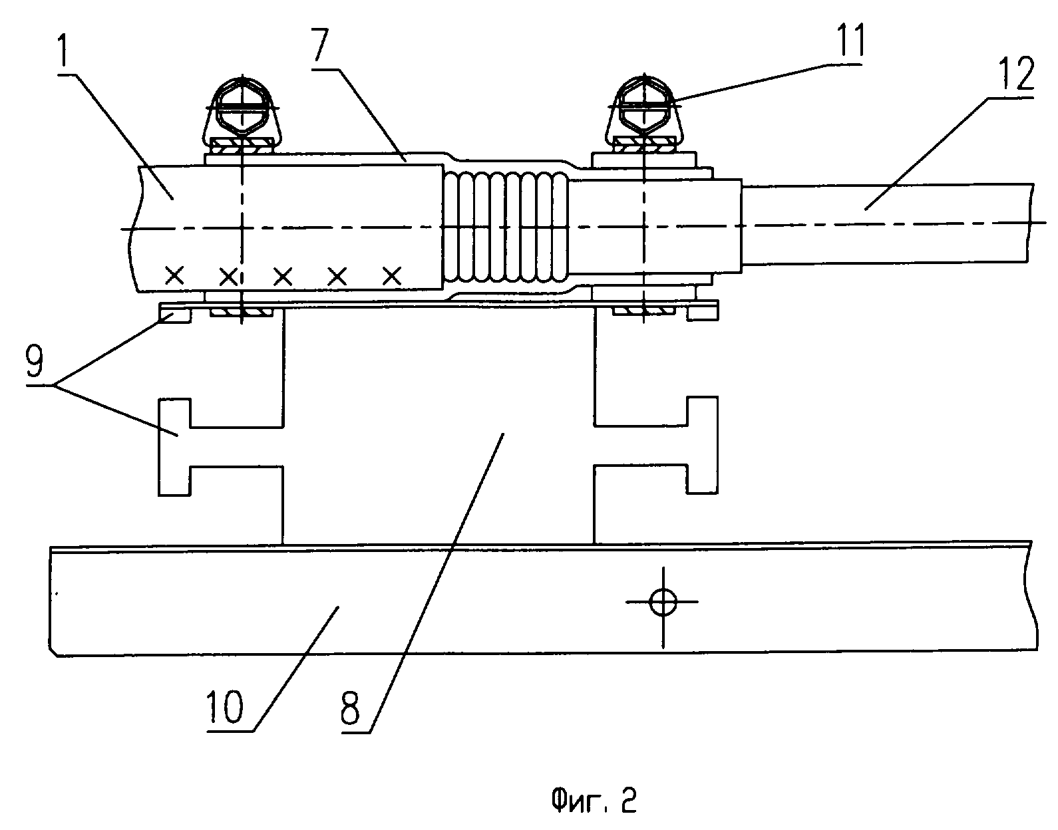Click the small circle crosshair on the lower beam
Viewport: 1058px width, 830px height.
tap(663, 603)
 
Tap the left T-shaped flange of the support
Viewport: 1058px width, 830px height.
tap(175, 446)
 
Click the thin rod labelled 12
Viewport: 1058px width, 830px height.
tap(885, 222)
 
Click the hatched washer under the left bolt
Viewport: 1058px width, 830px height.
tap(242, 144)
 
